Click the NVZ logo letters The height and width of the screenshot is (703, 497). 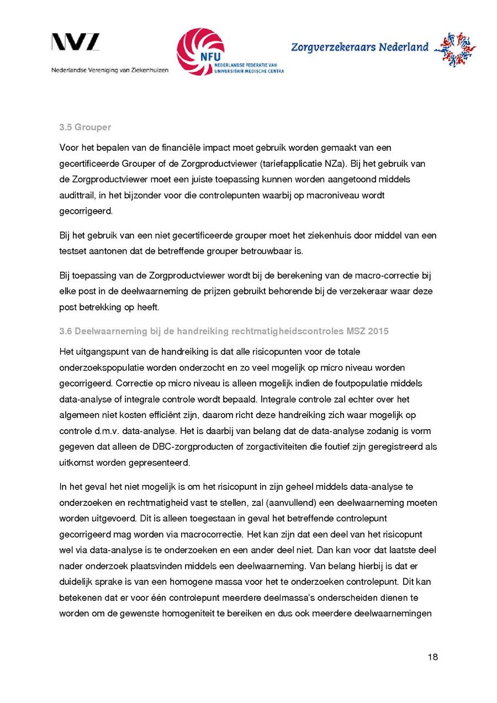pos(76,42)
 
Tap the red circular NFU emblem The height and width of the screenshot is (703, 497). pos(200,51)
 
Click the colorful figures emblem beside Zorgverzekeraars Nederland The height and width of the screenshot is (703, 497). pos(454,49)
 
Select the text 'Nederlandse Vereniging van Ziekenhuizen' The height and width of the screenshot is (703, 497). pos(110,70)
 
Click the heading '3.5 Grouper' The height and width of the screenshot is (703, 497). pos(85,128)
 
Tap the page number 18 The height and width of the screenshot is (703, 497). pos(432,657)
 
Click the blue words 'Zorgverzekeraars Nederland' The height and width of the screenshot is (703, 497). pos(359,47)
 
